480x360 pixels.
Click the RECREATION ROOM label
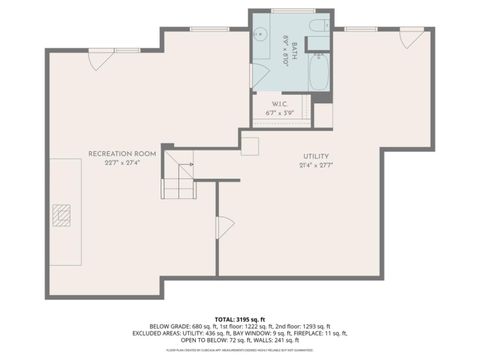point(122,153)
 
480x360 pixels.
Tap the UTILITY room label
point(316,156)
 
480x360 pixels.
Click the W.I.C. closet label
point(279,103)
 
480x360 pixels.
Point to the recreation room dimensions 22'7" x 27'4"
point(122,164)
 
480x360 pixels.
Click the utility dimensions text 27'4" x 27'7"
point(316,167)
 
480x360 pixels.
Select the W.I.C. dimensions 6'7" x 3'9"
point(279,113)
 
